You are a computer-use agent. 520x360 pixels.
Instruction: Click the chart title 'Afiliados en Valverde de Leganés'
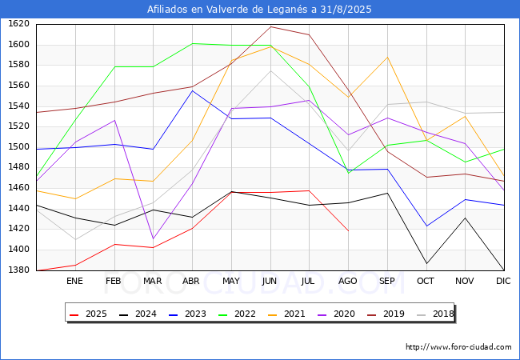click(x=259, y=10)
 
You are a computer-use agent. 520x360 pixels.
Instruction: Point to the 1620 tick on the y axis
click(x=18, y=24)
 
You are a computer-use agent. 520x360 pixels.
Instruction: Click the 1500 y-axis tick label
click(x=18, y=147)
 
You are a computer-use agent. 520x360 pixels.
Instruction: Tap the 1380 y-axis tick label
click(x=18, y=270)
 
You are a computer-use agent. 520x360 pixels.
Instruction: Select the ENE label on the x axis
click(x=74, y=281)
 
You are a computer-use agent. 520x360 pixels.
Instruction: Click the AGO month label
click(x=348, y=281)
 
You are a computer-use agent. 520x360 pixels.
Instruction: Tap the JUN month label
click(x=270, y=281)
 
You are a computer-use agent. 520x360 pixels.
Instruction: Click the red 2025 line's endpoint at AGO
click(x=348, y=231)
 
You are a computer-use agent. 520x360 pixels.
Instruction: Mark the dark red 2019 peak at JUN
click(x=270, y=26)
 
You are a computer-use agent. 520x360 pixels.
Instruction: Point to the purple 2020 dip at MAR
click(x=153, y=239)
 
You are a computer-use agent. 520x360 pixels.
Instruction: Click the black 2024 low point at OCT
click(x=426, y=263)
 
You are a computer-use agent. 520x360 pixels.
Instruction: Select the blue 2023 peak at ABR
click(x=192, y=90)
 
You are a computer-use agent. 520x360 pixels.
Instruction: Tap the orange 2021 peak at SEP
click(x=387, y=57)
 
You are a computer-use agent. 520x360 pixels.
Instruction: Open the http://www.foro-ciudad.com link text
click(x=458, y=347)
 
